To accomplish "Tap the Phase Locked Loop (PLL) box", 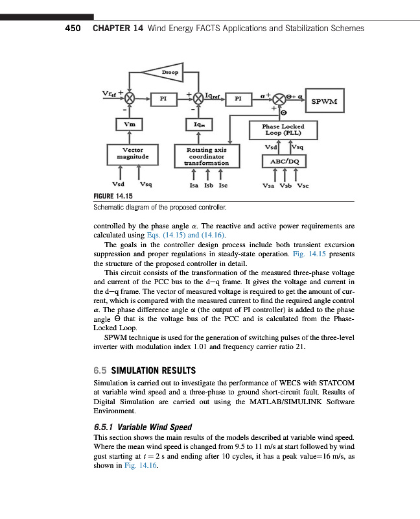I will [282, 130].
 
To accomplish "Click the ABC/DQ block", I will [283, 161].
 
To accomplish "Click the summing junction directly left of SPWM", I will [279, 99].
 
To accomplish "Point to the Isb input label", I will [209, 185].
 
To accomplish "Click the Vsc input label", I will [303, 185].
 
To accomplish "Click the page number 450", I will [72, 29].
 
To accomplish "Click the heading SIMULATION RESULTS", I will [154, 370].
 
